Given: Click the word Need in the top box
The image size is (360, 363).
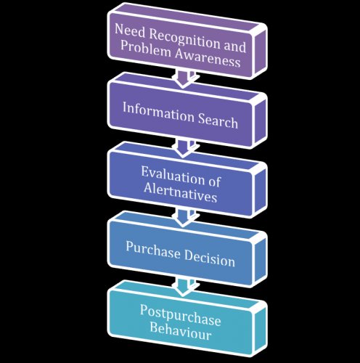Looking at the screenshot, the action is [x=130, y=30].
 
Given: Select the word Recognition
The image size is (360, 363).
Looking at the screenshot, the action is [x=184, y=40].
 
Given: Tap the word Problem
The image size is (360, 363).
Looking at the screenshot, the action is [x=146, y=49].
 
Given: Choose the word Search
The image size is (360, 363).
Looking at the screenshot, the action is [x=218, y=121].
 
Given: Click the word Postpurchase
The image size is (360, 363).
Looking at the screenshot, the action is [x=181, y=316].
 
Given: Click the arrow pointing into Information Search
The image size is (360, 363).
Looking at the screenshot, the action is [x=185, y=79].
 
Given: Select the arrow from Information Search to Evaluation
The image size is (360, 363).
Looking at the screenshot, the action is [x=185, y=148].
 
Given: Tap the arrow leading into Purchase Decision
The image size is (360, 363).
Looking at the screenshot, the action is [x=185, y=217].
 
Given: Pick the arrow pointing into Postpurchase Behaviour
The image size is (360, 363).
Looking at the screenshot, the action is [x=185, y=287].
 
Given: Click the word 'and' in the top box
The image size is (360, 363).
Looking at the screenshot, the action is [x=234, y=46].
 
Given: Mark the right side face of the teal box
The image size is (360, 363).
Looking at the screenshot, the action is [x=260, y=327].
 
